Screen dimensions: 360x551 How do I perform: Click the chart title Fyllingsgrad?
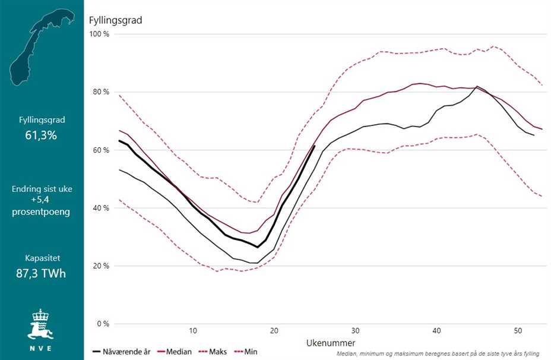pos(115,20)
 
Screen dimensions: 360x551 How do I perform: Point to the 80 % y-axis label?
pos(99,92)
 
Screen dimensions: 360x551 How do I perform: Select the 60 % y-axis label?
pos(99,150)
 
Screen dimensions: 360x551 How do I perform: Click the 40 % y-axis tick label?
pos(99,208)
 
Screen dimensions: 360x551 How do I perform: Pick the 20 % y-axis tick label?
pos(99,266)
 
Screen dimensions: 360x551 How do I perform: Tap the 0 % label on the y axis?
pos(102,324)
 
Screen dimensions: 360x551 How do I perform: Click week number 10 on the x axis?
pos(192,331)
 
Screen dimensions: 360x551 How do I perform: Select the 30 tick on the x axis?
pos(354,331)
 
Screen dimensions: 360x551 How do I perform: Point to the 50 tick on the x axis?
pos(517,331)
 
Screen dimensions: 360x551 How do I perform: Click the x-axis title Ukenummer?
pos(331,343)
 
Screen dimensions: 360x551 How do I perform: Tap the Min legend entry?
pos(250,352)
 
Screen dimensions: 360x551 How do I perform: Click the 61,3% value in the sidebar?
pos(41,135)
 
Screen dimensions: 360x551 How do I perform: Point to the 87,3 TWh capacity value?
pos(41,274)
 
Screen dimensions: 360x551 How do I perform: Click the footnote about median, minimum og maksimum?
pos(438,353)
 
